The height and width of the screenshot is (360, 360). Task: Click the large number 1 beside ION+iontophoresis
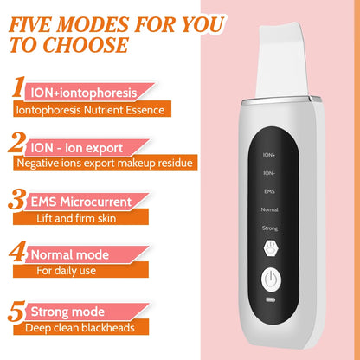coord(17,90)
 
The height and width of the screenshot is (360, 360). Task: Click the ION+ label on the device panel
coord(268,155)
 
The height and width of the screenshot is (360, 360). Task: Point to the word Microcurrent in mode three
coord(99,202)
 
